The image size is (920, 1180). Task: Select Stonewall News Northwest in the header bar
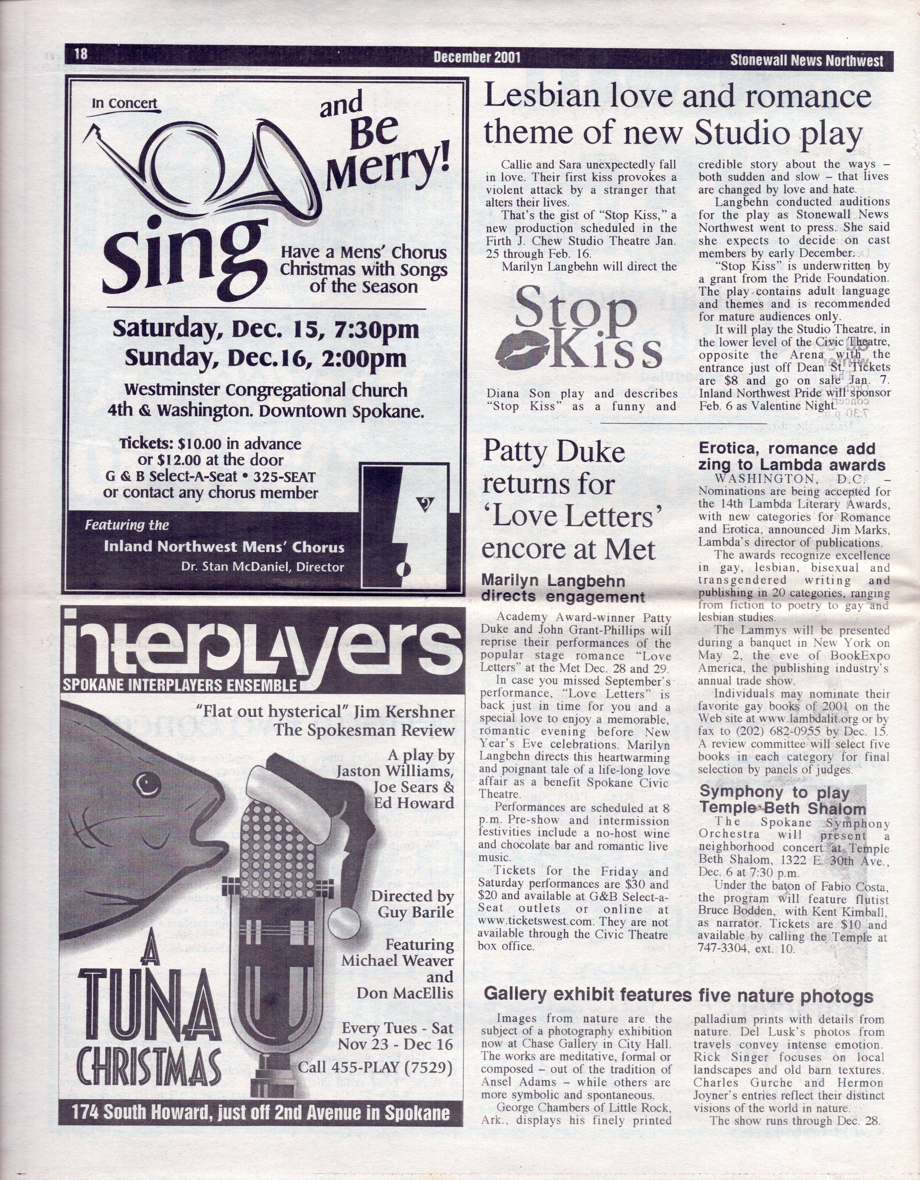tap(807, 60)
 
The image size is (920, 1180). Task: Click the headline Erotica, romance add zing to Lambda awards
tap(791, 457)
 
